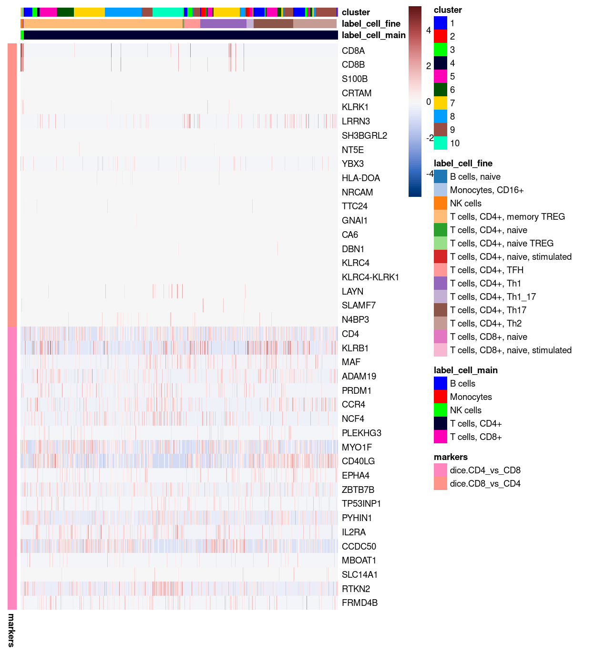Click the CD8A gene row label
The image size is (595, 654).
353,51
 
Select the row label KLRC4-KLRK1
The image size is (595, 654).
370,277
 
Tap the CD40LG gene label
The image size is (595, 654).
358,461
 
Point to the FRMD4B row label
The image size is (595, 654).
359,603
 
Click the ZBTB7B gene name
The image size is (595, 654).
358,490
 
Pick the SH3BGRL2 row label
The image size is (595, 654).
364,136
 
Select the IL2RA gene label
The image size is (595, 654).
354,532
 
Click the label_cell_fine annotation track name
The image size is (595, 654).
371,24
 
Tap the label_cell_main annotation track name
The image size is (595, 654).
373,35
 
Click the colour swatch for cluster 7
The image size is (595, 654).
440,103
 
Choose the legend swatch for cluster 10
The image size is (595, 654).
440,143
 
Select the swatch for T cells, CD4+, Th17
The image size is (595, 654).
440,310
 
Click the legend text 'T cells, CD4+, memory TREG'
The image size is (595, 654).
507,217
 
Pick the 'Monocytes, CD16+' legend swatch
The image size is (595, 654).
440,190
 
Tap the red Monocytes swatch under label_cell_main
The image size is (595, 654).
440,397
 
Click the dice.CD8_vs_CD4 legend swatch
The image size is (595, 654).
440,484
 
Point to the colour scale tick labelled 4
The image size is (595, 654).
428,31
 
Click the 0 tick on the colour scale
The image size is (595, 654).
428,102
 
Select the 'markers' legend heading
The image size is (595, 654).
451,457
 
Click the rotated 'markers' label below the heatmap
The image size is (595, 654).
11,630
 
